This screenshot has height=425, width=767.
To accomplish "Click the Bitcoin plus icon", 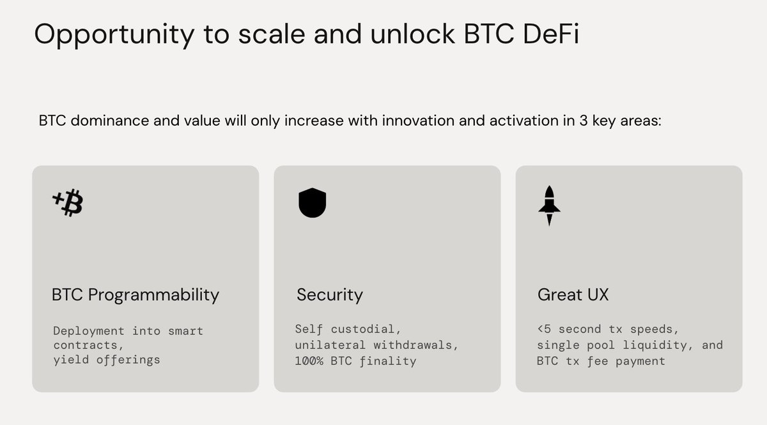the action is pyautogui.click(x=68, y=203).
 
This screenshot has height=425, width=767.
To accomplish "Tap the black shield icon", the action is pyautogui.click(x=313, y=203).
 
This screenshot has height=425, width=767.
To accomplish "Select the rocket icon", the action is pyautogui.click(x=549, y=205).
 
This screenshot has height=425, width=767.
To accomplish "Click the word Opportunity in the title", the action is pyautogui.click(x=114, y=35).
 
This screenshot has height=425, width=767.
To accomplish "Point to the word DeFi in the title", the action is pyautogui.click(x=551, y=34).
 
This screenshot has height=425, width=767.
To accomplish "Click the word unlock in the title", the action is pyautogui.click(x=413, y=34).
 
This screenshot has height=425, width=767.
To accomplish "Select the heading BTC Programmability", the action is pyautogui.click(x=136, y=295).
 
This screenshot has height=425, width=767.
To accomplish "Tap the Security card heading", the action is pyautogui.click(x=330, y=295).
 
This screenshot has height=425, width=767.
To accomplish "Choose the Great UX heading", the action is pyautogui.click(x=573, y=294).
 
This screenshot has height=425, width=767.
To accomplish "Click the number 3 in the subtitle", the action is pyautogui.click(x=584, y=121).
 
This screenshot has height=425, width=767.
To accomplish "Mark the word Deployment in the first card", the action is pyautogui.click(x=89, y=331).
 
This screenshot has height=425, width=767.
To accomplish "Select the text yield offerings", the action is pyautogui.click(x=107, y=360).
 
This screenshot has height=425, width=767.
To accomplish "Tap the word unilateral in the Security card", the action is pyautogui.click(x=330, y=345).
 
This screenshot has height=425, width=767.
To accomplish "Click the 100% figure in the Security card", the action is pyautogui.click(x=309, y=361).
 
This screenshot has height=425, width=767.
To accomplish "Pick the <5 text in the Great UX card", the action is pyautogui.click(x=544, y=329).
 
